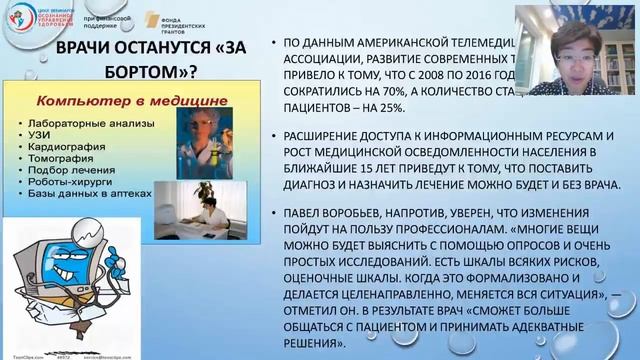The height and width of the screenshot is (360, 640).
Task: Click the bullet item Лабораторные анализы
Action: tap(74, 121)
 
